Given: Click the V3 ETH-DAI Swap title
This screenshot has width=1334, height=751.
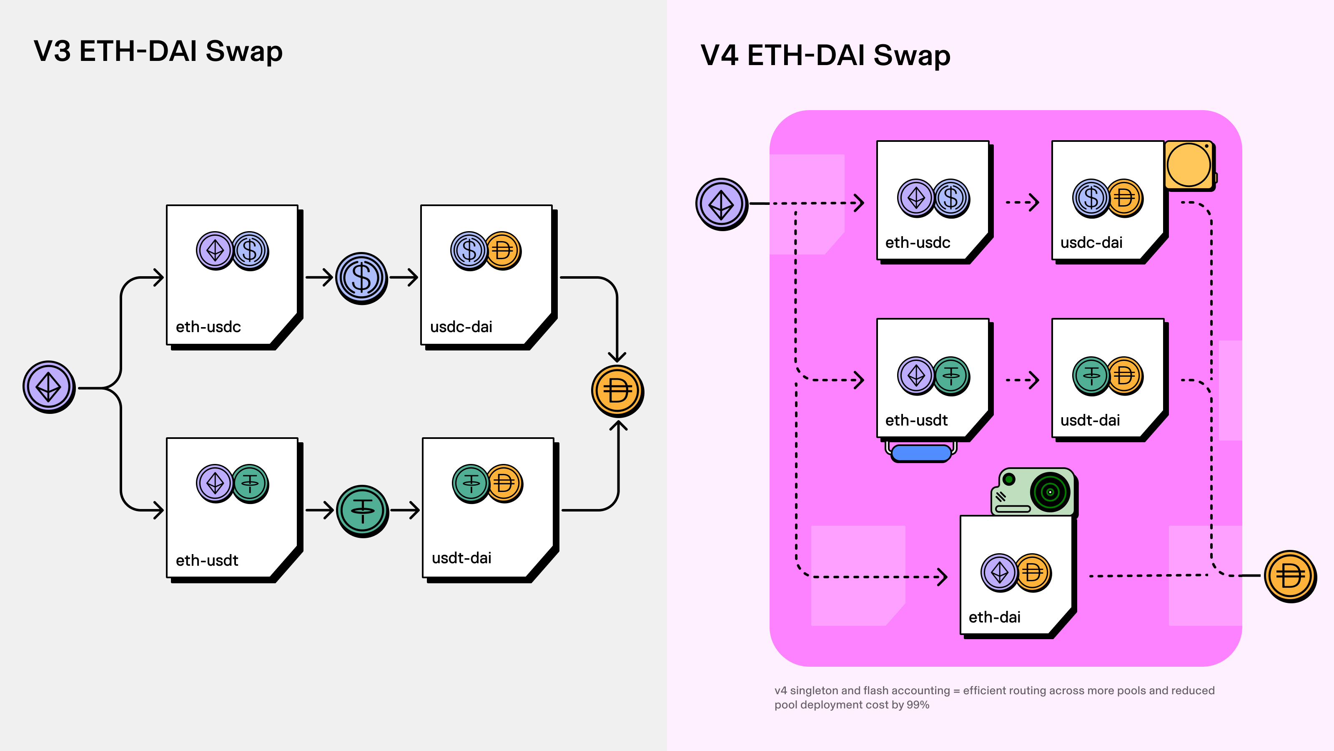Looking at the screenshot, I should coord(158,51).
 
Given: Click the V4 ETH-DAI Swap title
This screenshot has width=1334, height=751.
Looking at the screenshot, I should coord(825,55).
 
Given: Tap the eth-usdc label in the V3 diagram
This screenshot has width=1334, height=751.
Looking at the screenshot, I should coord(208,327).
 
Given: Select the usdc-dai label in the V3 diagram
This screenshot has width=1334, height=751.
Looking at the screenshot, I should coord(461,327).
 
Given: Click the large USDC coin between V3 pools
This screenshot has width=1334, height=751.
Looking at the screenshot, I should coord(361,278).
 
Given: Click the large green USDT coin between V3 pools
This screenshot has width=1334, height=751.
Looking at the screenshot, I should coord(363,511).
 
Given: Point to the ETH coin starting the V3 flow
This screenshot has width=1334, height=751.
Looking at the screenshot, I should coord(49,387).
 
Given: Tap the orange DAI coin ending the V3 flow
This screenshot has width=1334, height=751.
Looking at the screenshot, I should coord(617,391).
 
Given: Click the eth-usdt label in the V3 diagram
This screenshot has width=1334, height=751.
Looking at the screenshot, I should coord(207,560).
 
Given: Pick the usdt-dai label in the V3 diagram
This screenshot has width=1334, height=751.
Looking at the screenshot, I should coord(461,558).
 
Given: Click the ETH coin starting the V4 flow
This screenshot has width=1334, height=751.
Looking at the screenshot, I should coord(721,204).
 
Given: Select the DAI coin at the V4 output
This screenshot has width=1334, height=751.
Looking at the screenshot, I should coord(1290,576).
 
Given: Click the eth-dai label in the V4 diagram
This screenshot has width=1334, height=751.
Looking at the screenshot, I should coord(994,617).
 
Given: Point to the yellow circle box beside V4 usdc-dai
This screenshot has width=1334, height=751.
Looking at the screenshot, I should coord(1189,165).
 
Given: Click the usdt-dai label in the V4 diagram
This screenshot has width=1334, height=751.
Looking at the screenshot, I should coord(1090,420).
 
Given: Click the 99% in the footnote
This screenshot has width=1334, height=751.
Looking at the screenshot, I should coord(918,705).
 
